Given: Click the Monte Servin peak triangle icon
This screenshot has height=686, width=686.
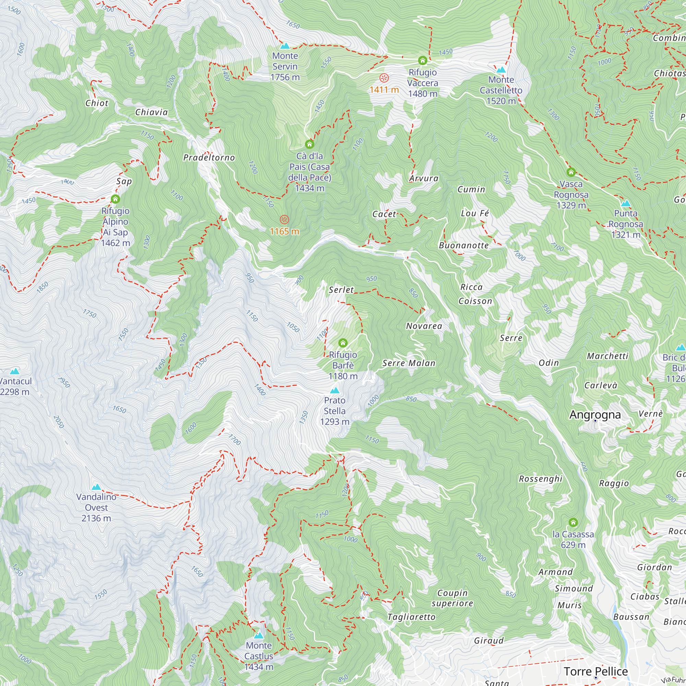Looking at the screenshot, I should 285,46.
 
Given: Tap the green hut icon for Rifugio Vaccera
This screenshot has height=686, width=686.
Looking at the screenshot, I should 423,61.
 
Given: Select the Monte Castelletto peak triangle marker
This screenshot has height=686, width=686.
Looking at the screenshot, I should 501,70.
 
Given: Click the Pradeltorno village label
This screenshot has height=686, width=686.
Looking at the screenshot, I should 209,158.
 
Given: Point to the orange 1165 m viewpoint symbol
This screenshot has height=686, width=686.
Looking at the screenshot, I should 284,220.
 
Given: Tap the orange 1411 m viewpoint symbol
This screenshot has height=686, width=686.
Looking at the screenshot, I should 384,78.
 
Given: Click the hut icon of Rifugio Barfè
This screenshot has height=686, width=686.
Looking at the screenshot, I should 343,343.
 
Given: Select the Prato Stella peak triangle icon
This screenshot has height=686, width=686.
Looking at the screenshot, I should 334,391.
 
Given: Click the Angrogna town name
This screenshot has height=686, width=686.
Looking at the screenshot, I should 595,415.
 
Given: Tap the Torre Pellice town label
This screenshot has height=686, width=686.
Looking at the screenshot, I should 596,672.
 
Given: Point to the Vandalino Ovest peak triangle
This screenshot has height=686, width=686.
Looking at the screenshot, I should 96,487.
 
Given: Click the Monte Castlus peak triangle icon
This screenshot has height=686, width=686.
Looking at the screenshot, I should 259,636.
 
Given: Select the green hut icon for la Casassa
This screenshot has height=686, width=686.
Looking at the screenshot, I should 573,522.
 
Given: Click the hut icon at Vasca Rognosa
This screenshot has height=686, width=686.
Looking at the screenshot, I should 571,172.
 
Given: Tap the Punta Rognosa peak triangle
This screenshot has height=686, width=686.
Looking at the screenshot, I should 626,203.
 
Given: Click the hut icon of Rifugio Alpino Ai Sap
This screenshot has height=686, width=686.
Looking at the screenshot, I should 115,199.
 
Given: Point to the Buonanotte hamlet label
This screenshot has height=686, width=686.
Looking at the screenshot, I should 464,245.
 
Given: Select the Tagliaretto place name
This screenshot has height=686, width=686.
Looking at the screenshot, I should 412,617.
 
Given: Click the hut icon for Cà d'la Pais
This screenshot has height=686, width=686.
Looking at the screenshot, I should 310,144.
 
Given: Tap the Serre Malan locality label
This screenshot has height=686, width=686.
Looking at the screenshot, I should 409,363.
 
